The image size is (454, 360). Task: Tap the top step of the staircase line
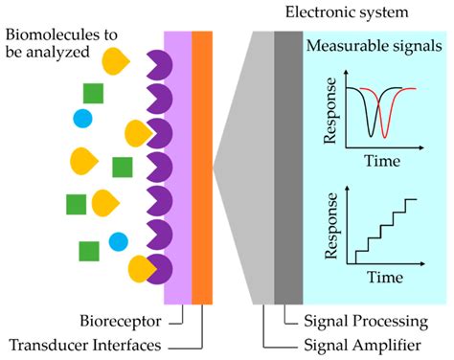410,199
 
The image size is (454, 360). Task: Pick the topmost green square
93,93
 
